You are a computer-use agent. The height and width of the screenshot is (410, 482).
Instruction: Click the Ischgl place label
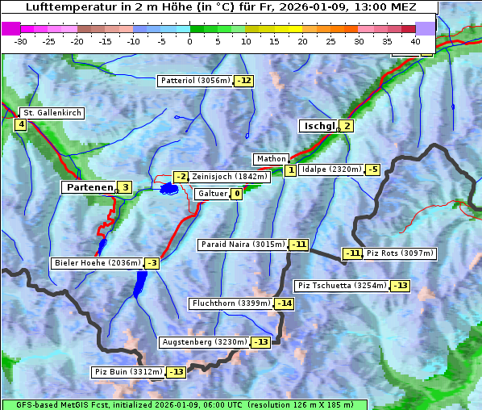[318, 126]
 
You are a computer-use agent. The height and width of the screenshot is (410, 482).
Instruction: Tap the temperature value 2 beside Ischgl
[347, 126]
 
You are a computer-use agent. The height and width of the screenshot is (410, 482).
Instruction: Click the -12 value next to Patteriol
[243, 81]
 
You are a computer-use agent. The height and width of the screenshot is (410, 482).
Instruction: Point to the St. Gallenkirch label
[52, 113]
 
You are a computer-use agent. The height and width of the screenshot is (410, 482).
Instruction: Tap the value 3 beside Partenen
[125, 187]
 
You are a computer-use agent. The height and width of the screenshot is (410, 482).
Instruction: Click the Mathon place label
[269, 159]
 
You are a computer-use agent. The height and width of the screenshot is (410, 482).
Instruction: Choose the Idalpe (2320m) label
[330, 169]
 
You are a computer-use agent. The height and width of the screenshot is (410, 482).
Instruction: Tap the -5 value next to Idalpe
[372, 169]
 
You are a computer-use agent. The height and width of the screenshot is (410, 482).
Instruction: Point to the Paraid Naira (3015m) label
[242, 244]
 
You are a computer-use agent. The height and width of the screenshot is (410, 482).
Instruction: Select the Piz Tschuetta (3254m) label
[343, 286]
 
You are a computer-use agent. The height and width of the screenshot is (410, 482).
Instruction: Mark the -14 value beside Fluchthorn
[284, 303]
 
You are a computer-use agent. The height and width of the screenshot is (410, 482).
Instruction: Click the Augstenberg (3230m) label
[204, 342]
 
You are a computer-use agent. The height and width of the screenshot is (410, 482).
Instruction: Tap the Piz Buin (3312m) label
[128, 372]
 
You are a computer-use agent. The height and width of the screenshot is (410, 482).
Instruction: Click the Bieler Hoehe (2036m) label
[97, 263]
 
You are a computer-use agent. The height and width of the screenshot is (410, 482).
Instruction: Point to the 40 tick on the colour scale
[415, 41]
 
